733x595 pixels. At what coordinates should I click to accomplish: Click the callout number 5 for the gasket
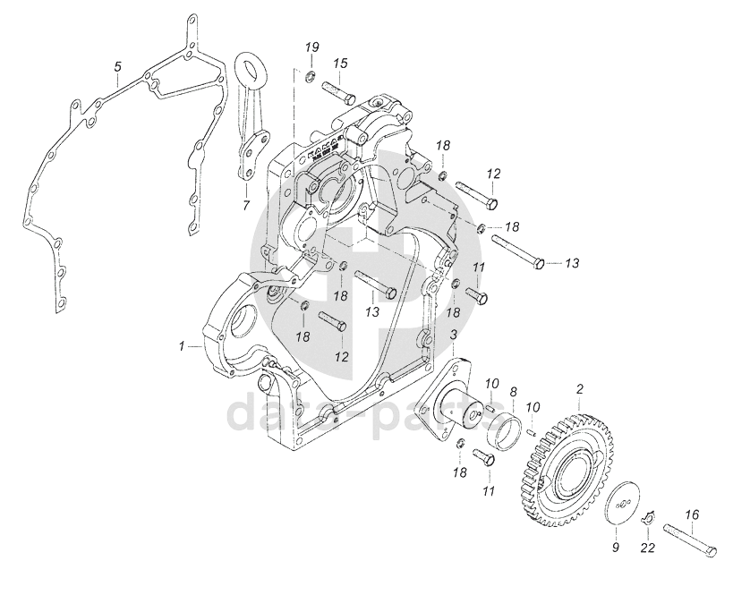pyautogui.click(x=117, y=67)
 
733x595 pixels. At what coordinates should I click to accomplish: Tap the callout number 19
pyautogui.click(x=312, y=47)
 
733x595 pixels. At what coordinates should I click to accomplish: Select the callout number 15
pyautogui.click(x=341, y=64)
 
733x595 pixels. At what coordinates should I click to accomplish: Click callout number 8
pyautogui.click(x=514, y=391)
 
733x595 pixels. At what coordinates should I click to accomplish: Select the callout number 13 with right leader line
pyautogui.click(x=573, y=263)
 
